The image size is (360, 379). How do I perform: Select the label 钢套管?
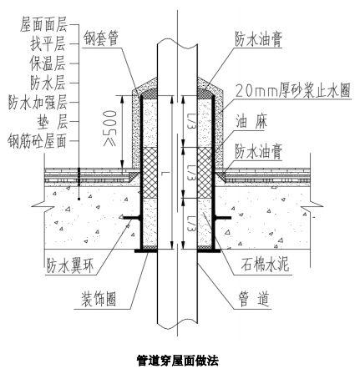tap(104, 38)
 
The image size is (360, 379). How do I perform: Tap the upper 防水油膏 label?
tap(261, 38)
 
